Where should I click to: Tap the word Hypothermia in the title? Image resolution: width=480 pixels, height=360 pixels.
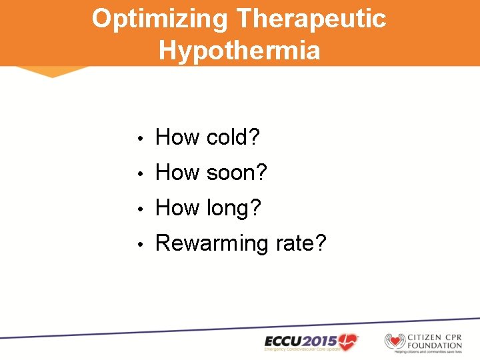click(239, 50)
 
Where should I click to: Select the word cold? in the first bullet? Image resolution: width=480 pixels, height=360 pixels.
click(233, 138)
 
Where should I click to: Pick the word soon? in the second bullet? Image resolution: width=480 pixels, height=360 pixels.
click(236, 173)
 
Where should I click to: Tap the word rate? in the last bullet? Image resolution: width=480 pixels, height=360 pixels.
click(301, 244)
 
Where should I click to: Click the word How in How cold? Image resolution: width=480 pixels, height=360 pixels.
click(177, 138)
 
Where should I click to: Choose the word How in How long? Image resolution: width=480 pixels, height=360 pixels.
click(177, 209)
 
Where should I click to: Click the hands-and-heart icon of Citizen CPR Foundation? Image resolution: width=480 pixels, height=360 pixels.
click(395, 341)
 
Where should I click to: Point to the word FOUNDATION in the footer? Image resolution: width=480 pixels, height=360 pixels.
click(435, 345)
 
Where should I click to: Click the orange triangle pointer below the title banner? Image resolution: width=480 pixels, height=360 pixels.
click(52, 71)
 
